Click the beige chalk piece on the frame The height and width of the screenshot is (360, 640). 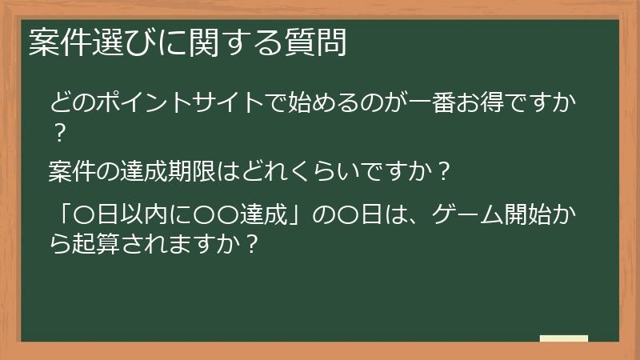[x=564, y=338]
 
